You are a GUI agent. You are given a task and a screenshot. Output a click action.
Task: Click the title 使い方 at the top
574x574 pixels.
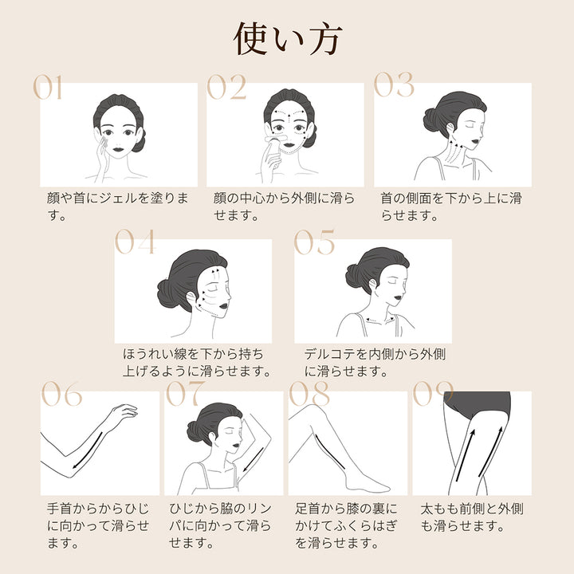click(x=288, y=39)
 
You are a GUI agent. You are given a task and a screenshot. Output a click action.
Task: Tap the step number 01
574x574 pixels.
click(x=48, y=88)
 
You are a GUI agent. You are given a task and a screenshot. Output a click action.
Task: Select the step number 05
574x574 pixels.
click(x=314, y=242)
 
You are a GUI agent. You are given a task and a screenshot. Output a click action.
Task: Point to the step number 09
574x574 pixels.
click(x=433, y=393)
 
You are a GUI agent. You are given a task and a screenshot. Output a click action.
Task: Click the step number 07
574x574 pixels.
click(x=186, y=393)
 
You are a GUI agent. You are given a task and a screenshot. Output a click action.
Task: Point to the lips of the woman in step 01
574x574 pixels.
click(x=119, y=149)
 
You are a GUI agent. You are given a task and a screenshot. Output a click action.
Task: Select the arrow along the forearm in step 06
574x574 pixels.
click(x=88, y=450)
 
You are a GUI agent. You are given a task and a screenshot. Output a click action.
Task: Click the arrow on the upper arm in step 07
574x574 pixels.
click(x=254, y=460)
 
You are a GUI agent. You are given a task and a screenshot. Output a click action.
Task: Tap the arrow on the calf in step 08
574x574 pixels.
click(x=329, y=451)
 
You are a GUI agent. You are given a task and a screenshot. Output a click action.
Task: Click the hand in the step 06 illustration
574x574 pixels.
click(x=124, y=414)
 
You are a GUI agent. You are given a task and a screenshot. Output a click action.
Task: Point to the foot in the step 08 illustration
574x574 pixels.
click(x=368, y=482)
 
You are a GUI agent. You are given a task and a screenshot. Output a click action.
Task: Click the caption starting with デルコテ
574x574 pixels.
click(x=375, y=363)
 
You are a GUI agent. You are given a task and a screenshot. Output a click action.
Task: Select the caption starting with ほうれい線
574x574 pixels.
click(x=197, y=363)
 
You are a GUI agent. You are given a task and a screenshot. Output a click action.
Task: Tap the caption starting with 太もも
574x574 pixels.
click(x=472, y=517)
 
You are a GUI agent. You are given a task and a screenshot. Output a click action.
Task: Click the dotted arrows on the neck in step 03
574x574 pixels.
click(x=453, y=151)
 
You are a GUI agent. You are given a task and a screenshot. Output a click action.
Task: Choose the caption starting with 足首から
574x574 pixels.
click(x=346, y=525)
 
